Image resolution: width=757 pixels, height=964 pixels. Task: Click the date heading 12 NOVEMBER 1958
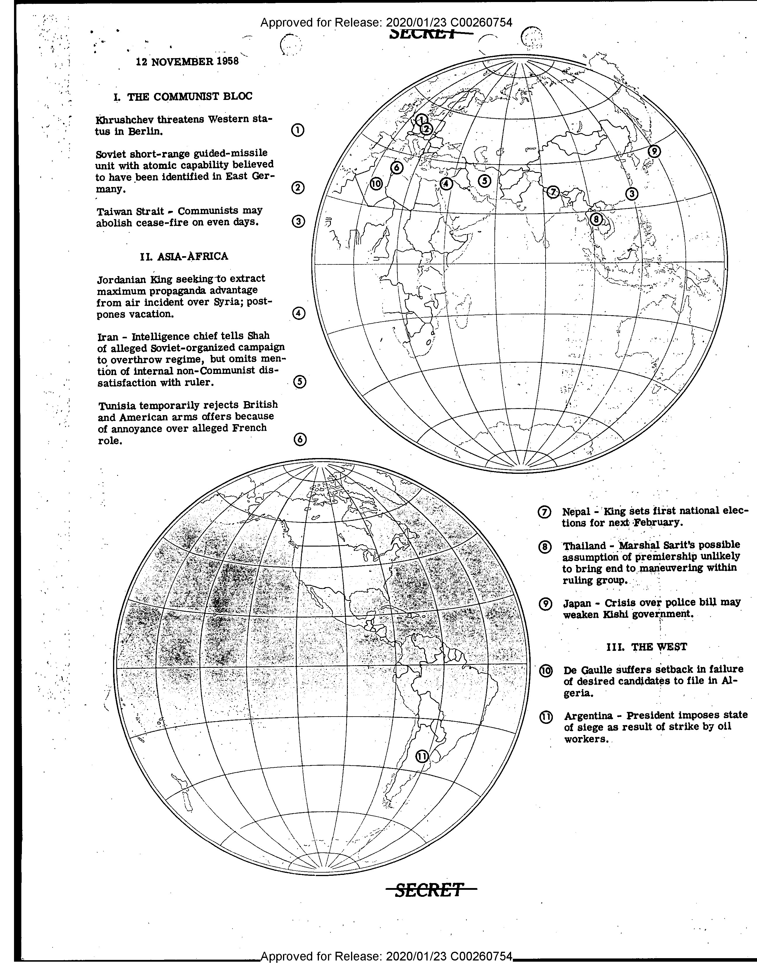187,61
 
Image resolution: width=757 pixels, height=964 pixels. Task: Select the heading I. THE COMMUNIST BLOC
183,97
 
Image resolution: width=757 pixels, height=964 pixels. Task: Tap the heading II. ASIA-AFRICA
184,256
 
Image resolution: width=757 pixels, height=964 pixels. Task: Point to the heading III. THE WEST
646,647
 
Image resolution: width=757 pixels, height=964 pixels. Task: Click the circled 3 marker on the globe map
632,194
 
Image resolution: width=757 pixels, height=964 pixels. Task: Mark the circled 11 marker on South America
422,756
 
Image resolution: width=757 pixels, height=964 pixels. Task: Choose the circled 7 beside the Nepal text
544,512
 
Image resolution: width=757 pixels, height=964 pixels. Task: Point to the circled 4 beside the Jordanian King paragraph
299,313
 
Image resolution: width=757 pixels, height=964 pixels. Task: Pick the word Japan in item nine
577,603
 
